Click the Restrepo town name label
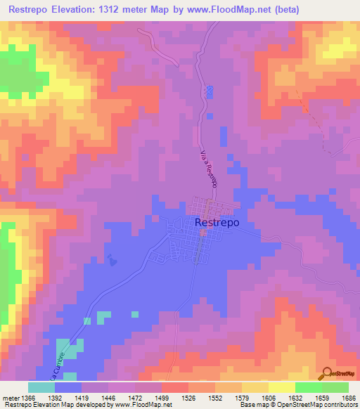click(216, 222)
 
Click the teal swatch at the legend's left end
click(41, 387)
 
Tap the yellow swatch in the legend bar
click(281, 387)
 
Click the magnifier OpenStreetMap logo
click(327, 373)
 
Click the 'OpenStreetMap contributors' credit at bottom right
click(319, 404)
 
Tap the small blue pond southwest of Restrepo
click(112, 259)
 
